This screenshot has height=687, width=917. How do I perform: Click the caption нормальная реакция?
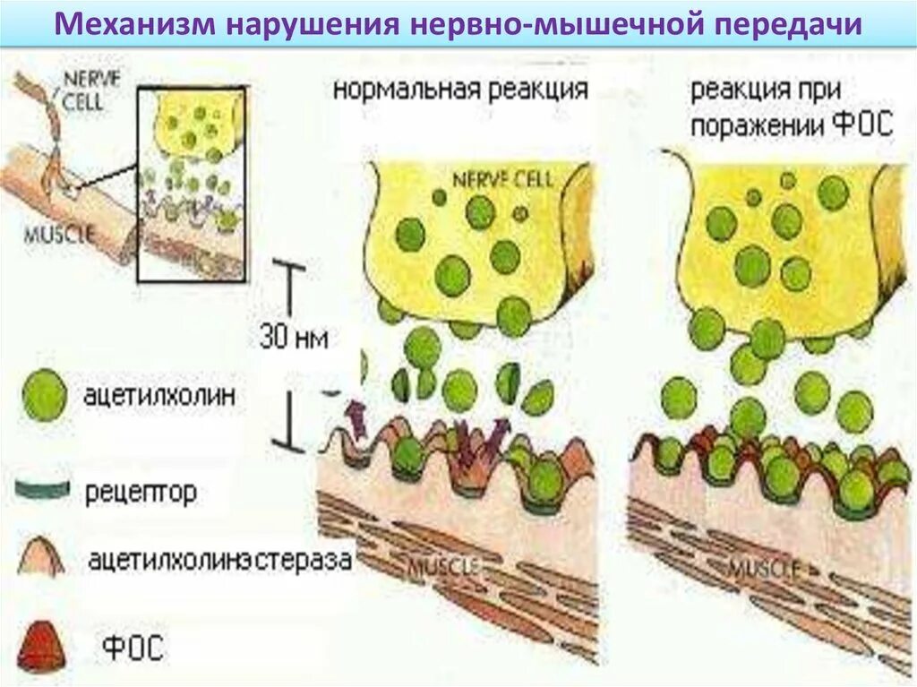coord(460,90)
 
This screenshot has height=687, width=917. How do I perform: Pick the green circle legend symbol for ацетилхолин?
coord(44,396)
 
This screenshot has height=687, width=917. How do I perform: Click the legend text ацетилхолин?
coord(162,395)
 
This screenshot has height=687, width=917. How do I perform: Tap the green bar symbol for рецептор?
coord(42,489)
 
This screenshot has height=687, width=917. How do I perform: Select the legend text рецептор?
coord(141,492)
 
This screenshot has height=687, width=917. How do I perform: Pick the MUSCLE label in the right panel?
coord(762,567)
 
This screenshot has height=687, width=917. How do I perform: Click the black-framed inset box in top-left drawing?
coord(190,184)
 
